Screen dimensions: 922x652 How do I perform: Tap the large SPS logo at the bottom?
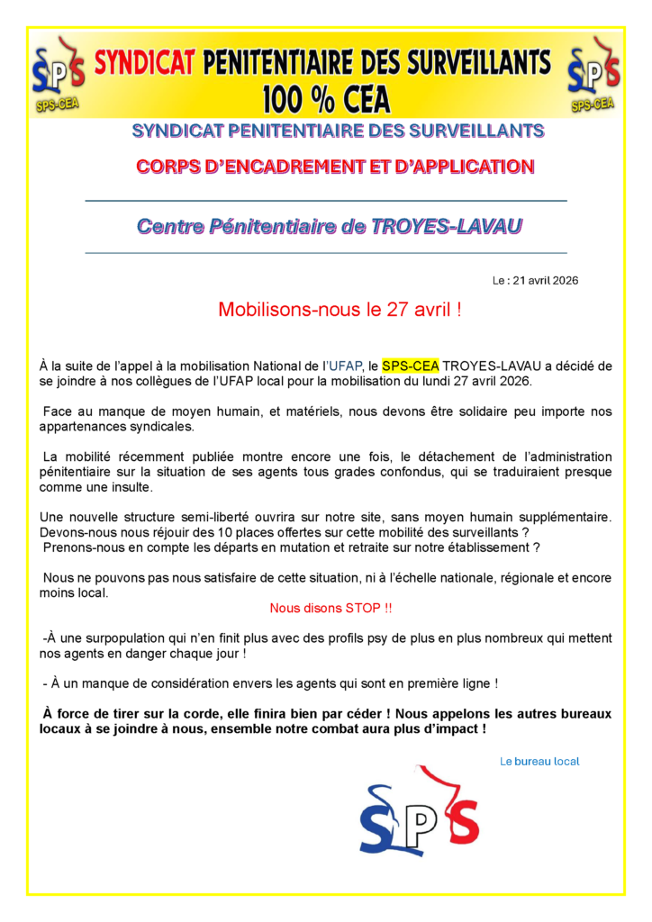pyautogui.click(x=420, y=810)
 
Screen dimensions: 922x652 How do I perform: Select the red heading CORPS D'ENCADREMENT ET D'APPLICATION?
pyautogui.click(x=334, y=166)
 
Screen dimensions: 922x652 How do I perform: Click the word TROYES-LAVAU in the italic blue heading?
pyautogui.click(x=444, y=226)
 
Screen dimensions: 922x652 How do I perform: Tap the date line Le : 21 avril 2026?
pyautogui.click(x=535, y=280)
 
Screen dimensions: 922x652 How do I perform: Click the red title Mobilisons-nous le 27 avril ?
pyautogui.click(x=340, y=311)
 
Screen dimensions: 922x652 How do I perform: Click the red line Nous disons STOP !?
pyautogui.click(x=331, y=608)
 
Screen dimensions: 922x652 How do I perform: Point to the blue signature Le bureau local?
pyautogui.click(x=539, y=761)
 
